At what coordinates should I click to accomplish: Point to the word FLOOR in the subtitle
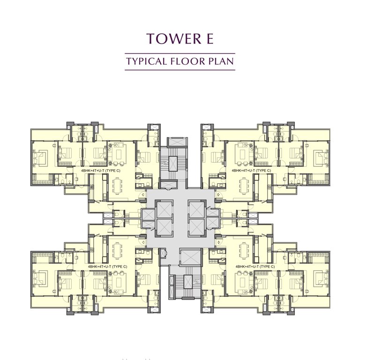pyautogui.click(x=187, y=61)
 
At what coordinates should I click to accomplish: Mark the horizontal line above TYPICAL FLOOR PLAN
pyautogui.click(x=180, y=53)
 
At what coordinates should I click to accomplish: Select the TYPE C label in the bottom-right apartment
pyautogui.click(x=265, y=266)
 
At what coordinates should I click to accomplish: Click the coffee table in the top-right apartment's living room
pyautogui.click(x=244, y=155)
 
